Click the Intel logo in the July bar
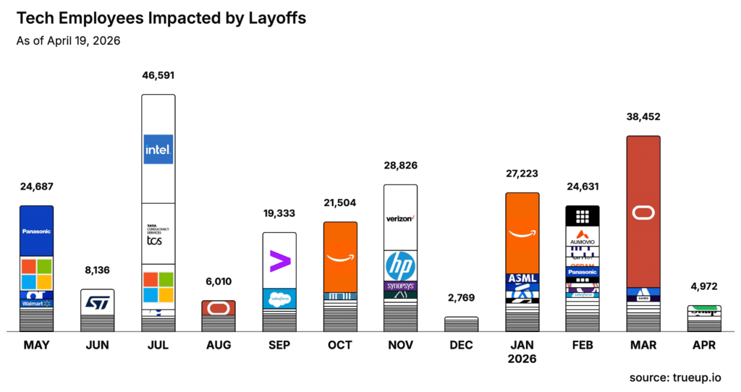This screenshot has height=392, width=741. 158,150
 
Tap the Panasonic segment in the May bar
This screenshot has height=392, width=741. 36,231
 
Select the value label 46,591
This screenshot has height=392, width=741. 158,75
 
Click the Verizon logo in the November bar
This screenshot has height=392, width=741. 400,218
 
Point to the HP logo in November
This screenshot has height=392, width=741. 400,265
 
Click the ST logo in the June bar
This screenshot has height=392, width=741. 97,302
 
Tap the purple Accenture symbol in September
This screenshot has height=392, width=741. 279,260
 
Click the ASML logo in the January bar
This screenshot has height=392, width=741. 522,278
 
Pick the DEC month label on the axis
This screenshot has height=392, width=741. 461,346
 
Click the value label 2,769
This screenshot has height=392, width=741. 461,298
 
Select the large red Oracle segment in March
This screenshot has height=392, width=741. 643,212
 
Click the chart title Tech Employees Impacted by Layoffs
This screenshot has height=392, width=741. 161,19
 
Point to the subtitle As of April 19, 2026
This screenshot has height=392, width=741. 68,41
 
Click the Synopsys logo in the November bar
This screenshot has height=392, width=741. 400,286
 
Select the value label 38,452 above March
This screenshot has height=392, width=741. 643,116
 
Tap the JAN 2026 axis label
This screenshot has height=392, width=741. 522,351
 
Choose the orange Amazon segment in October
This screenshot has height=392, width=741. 339,257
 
